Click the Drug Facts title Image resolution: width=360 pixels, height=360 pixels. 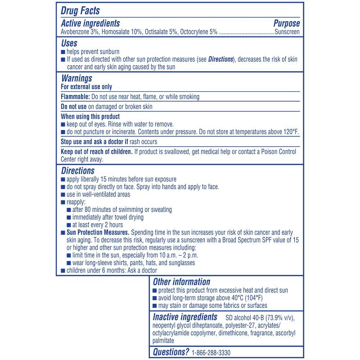[80, 10]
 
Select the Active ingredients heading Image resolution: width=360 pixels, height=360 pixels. [90, 23]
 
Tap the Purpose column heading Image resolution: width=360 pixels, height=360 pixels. [286, 23]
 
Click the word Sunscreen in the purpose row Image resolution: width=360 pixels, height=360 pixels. [287, 32]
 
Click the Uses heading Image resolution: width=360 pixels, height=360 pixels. [69, 43]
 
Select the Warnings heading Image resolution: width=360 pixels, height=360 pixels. [76, 78]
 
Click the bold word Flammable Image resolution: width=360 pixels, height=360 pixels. [75, 97]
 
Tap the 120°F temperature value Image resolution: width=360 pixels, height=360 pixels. [290, 132]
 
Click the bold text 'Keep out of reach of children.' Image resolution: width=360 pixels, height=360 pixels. [96, 152]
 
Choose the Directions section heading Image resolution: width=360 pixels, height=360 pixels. [77, 171]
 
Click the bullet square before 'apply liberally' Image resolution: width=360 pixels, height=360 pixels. [63, 180]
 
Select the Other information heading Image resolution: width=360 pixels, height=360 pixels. [181, 282]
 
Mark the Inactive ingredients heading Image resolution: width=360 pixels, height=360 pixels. [184, 317]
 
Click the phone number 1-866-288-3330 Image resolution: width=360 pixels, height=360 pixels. [211, 353]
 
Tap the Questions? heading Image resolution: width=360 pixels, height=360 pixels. [171, 352]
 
